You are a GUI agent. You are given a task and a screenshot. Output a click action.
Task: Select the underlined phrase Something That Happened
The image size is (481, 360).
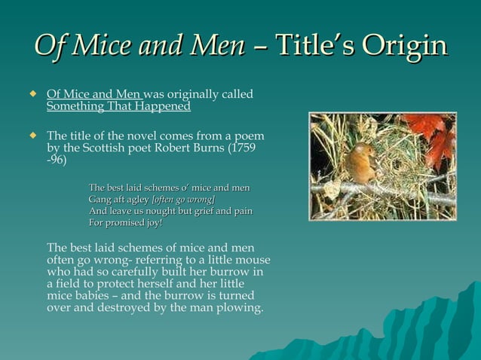118,107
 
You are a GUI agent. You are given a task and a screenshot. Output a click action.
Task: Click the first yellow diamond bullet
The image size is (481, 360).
32,95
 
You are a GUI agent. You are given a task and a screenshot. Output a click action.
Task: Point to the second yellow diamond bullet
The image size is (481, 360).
32,136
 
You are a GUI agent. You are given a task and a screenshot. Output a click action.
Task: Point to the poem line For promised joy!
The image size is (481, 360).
125,223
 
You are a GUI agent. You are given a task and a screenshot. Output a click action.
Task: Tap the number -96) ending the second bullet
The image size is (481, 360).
57,160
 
